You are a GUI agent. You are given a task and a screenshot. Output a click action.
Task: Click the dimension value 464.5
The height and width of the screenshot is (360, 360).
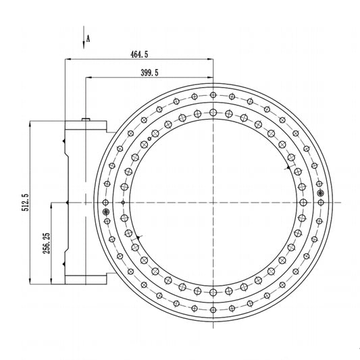pos(139,55)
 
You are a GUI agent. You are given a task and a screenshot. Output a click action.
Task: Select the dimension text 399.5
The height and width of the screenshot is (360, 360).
pos(149,73)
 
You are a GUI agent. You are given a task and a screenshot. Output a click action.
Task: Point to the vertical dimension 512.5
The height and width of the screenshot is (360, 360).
pos(25,202)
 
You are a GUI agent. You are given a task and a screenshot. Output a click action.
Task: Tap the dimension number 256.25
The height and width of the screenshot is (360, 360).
pos(47,243)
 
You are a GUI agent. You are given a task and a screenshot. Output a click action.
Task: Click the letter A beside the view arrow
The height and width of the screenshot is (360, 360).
pos(88,38)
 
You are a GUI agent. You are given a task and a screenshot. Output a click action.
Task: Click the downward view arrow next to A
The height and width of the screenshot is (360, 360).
pos(84,37)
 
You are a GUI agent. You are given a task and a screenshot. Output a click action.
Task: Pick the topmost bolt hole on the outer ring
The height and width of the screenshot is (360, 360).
pos(213,95)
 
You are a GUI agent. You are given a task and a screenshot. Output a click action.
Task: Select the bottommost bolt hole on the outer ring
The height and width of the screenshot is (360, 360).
pos(213,310)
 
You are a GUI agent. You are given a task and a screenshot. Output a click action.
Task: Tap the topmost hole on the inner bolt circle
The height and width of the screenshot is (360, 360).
pos(213,113)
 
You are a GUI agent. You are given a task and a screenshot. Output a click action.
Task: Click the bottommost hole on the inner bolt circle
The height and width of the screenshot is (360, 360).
pos(213,292)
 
